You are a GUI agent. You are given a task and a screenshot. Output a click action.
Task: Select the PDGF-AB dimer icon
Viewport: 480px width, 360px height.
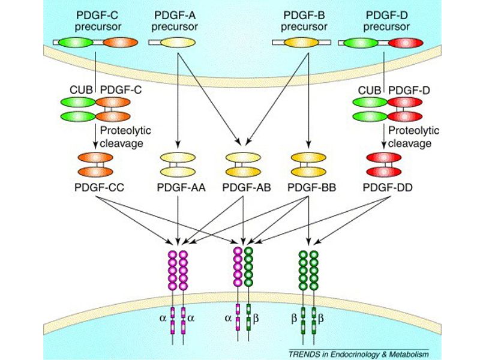tap(242, 165)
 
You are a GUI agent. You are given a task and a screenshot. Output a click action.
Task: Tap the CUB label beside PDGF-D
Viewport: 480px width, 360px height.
tap(369, 90)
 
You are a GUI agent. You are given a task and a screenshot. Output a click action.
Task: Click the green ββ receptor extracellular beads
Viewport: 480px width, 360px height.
tap(308, 269)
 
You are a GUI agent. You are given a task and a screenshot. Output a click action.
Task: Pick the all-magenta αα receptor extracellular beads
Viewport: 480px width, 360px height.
tap(178, 269)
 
